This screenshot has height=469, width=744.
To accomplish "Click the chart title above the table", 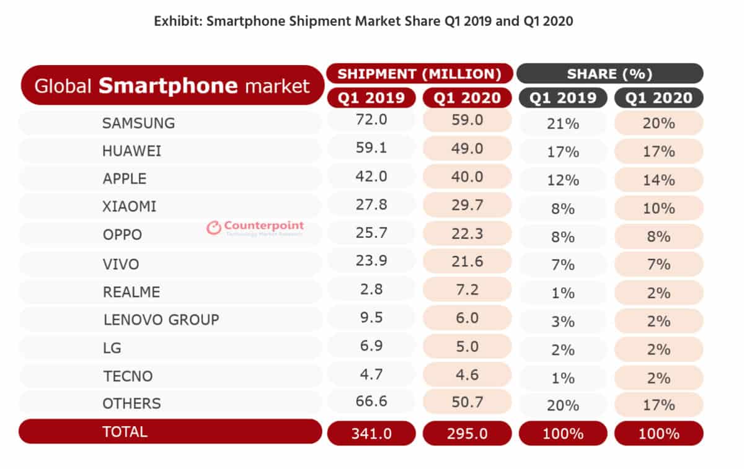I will click(363, 21).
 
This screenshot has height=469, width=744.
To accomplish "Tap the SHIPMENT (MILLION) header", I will click(419, 74).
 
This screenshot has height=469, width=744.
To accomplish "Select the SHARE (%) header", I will click(609, 74).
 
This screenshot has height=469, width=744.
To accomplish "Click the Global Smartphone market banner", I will click(172, 85).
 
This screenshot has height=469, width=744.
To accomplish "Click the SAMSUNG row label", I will click(138, 123).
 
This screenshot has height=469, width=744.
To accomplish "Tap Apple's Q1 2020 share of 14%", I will click(658, 180).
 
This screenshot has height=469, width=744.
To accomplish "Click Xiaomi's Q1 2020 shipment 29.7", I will click(467, 205).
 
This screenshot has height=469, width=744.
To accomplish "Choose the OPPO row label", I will click(122, 235).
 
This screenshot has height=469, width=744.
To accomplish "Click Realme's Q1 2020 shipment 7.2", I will click(467, 289).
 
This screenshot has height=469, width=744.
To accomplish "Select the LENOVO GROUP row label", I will click(161, 320).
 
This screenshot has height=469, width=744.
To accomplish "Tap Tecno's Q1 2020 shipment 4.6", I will click(467, 374).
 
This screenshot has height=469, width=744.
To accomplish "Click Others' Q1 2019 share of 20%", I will click(563, 406).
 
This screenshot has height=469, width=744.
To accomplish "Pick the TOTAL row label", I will click(125, 432).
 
